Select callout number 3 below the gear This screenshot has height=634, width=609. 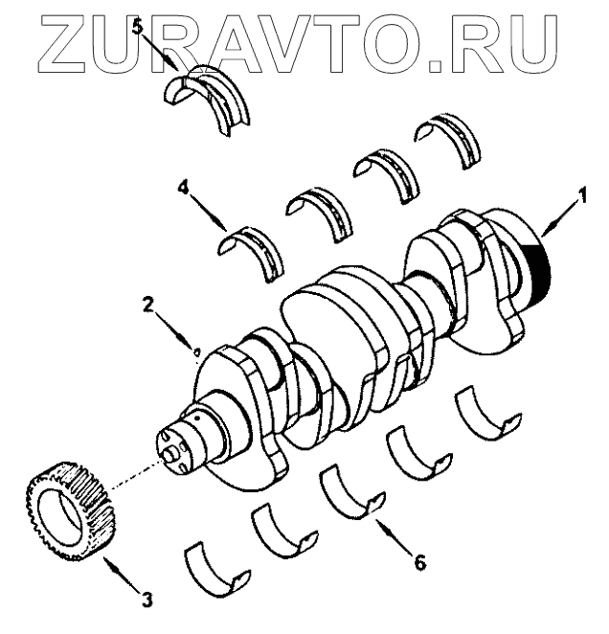(x=147, y=600)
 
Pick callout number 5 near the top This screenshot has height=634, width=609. (x=138, y=27)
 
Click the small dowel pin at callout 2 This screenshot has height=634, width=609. (x=196, y=352)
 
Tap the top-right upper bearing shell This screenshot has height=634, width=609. (x=448, y=134)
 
